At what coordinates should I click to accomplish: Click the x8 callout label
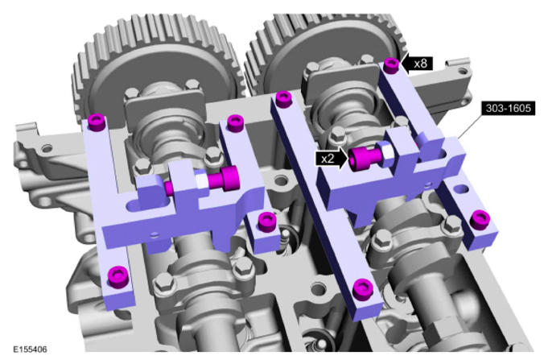point(421,64)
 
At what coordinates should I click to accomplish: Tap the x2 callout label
point(328,159)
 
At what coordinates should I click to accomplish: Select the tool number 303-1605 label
point(508,108)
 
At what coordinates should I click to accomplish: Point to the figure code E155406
point(30,349)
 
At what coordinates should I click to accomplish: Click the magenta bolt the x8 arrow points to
point(391,65)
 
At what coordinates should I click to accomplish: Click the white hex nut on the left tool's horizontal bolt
point(201,180)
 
